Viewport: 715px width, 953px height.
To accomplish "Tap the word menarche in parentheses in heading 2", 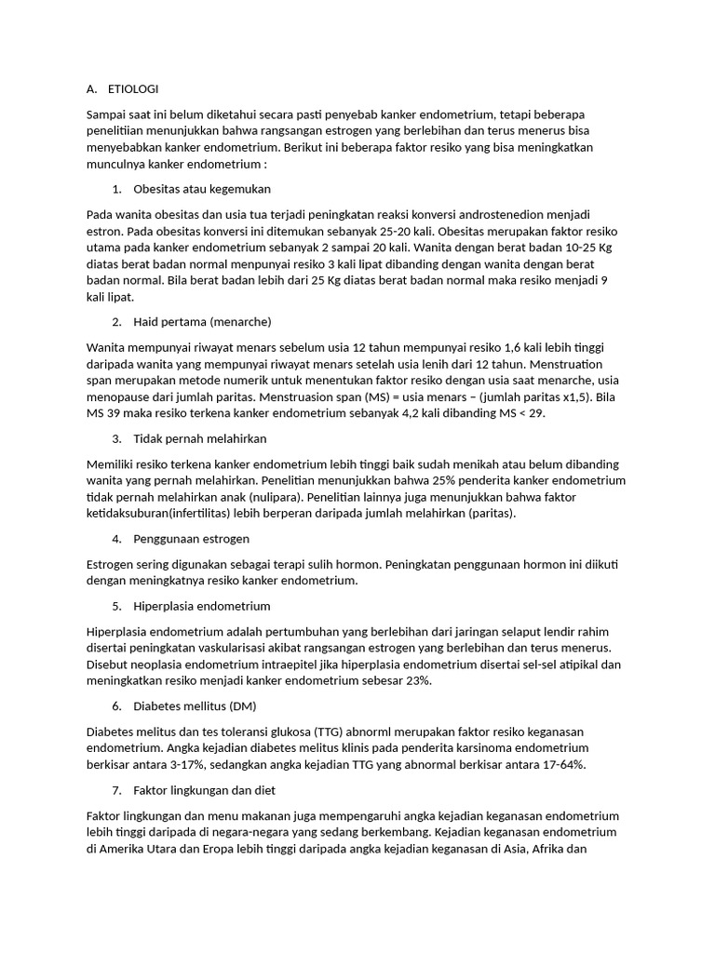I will [240, 322].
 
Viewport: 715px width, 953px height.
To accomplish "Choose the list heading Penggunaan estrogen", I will [191, 539].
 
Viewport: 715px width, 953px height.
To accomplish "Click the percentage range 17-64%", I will [556, 765].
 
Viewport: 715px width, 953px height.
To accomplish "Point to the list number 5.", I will [116, 606].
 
